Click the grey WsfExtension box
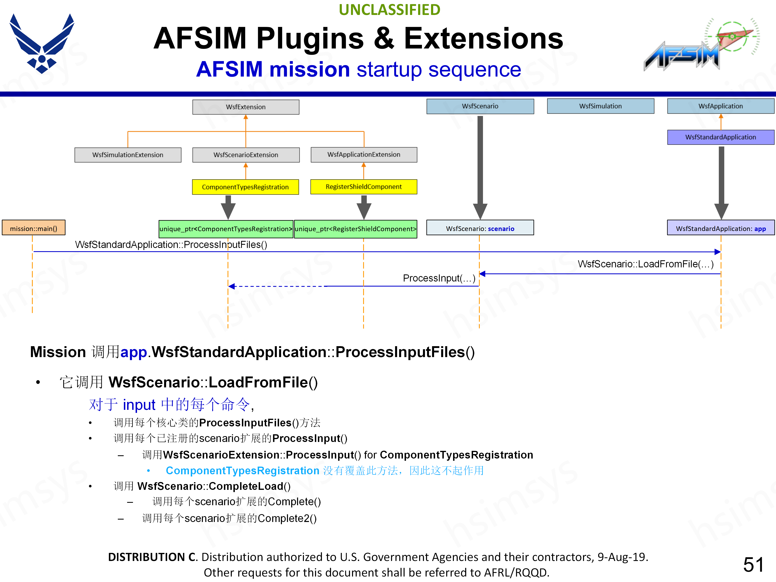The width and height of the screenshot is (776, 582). [x=246, y=107]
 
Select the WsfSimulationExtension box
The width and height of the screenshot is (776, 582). [x=128, y=155]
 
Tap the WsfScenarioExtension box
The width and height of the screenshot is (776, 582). [x=246, y=155]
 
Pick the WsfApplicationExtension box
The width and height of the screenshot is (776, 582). [x=364, y=154]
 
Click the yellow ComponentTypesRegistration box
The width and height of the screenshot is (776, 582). [x=245, y=187]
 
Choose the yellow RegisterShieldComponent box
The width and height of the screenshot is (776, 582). [x=364, y=187]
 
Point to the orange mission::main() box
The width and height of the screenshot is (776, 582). [x=34, y=228]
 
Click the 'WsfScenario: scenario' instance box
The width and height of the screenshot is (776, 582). [x=480, y=228]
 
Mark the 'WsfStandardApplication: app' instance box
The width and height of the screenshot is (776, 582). [x=721, y=228]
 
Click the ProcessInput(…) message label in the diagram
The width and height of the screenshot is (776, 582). [x=439, y=278]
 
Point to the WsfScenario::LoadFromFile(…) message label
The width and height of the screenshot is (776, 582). [x=645, y=264]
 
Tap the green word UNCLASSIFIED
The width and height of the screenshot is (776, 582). [x=389, y=10]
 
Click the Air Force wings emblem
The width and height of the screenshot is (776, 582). [x=42, y=44]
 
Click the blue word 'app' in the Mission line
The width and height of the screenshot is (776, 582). [x=133, y=352]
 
